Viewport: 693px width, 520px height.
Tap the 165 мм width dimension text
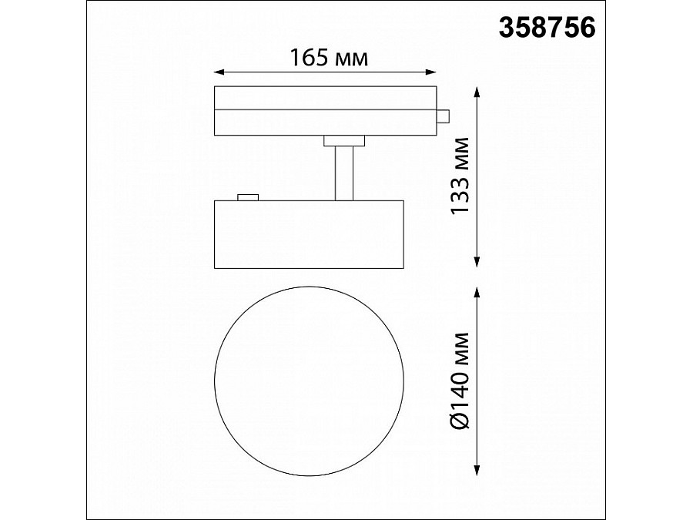tap(327, 58)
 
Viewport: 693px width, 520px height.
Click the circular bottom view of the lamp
tap(309, 381)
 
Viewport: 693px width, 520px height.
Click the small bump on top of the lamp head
tap(248, 197)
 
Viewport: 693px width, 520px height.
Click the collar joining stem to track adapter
tap(344, 139)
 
